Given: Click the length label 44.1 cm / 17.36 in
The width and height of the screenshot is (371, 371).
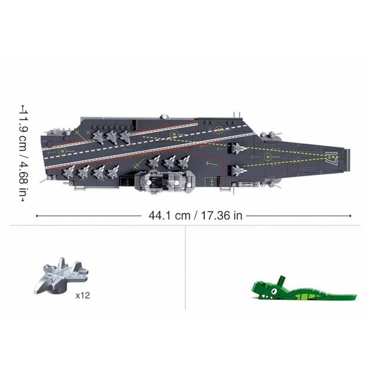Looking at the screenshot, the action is coord(196,216).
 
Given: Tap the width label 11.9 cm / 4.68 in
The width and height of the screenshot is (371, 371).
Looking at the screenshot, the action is coord(24,154).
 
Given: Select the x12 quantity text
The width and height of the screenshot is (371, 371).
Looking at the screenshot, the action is coord(83,296).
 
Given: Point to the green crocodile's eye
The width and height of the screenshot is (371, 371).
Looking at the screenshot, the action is coord(274,290).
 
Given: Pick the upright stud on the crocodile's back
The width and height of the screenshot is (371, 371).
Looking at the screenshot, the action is coord(281,280).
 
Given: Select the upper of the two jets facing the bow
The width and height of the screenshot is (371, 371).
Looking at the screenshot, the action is coord(239,148).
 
